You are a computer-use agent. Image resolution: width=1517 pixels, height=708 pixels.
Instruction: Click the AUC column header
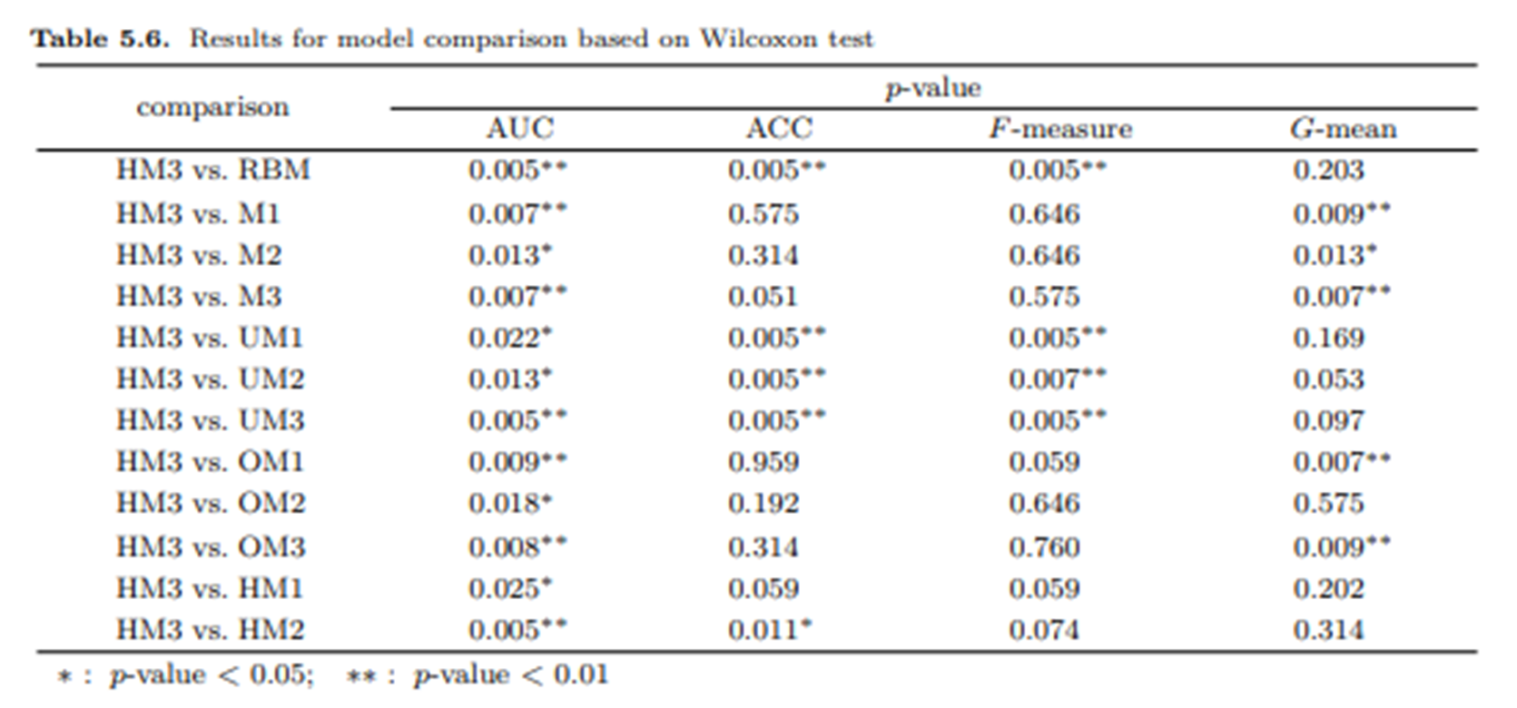pos(519,128)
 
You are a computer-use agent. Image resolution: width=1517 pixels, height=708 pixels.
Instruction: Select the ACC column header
pos(779,128)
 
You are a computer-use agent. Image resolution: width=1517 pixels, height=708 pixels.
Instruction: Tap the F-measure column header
pos(1059,128)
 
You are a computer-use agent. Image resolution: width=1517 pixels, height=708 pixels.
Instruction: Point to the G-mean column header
pos(1343,128)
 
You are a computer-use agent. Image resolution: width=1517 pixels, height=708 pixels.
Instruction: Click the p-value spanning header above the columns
pos(932,88)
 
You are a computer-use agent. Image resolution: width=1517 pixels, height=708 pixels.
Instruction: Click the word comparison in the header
pos(212,107)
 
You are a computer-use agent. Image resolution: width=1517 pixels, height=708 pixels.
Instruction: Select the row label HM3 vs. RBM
pos(212,170)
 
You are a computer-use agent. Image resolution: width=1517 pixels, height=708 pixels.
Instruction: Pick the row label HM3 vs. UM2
pos(210,379)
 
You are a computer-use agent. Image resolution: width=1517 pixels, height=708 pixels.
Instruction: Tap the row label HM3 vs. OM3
pos(210,546)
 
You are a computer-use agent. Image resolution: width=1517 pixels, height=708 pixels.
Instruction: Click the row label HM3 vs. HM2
pos(210,629)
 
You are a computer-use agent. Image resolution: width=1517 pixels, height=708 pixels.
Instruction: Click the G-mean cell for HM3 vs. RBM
pos(1328,170)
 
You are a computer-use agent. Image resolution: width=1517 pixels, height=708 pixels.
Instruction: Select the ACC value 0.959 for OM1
pos(763,462)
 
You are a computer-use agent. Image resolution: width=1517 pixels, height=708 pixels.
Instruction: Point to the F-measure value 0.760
pos(1044,546)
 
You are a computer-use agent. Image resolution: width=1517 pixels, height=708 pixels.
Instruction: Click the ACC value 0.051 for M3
pos(763,296)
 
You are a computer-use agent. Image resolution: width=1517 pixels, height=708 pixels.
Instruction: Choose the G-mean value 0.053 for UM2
pos(1328,379)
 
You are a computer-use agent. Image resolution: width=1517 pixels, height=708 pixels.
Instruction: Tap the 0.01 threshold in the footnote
pos(580,674)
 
